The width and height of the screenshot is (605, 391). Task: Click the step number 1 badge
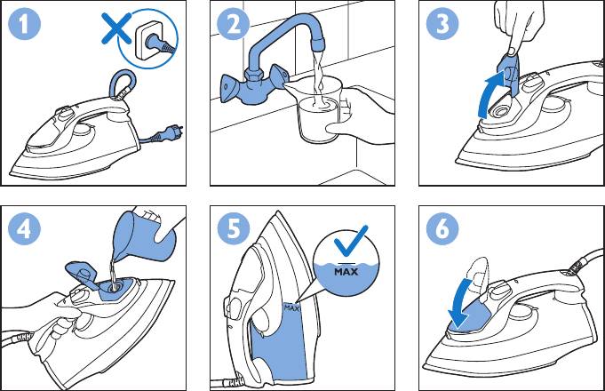[24, 23]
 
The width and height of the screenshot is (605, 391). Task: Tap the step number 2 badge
[233, 23]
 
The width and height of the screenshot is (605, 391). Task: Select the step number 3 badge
[442, 23]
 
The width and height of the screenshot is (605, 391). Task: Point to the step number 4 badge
[24, 228]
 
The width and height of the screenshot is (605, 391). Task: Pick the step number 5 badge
[233, 228]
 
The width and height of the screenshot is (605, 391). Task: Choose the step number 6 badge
[442, 228]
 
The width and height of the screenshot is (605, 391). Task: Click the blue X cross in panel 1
[116, 28]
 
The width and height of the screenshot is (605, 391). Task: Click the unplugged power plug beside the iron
[169, 133]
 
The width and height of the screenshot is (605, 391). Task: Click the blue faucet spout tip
[318, 45]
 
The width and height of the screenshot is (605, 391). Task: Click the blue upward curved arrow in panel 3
[490, 95]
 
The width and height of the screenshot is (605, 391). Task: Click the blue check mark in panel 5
[350, 241]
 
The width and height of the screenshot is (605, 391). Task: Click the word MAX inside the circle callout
[346, 271]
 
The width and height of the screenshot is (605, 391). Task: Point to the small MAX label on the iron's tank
[291, 308]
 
